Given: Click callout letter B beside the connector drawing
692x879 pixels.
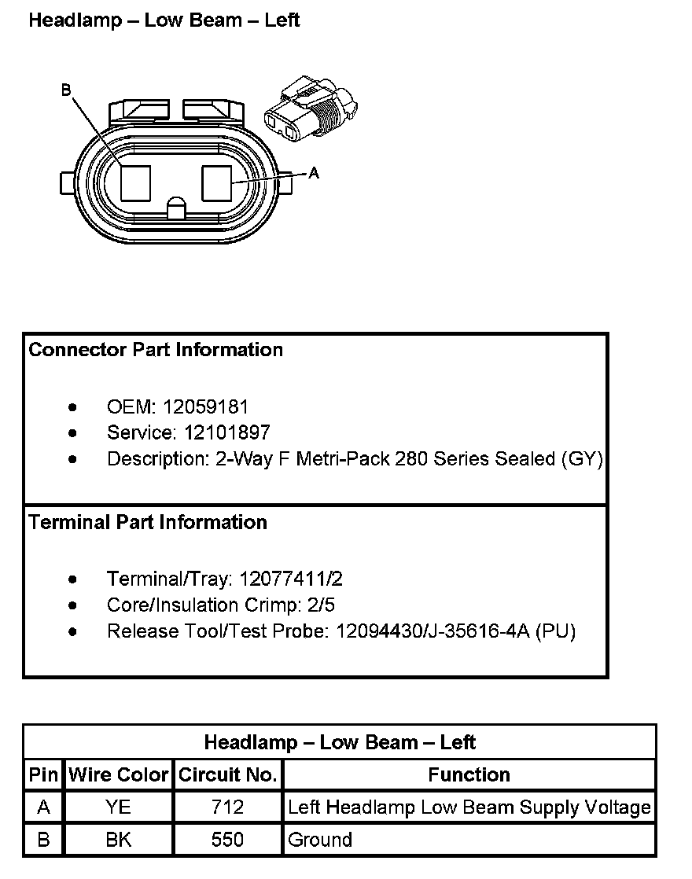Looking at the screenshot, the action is (x=66, y=90).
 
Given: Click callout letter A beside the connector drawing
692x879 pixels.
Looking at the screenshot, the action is (x=314, y=173).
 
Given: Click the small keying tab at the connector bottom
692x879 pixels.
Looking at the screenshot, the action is (x=176, y=208).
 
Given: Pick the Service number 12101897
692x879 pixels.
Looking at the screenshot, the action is (x=227, y=432).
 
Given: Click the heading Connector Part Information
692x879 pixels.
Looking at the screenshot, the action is (x=156, y=350).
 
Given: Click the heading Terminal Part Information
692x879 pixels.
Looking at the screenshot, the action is (x=148, y=523).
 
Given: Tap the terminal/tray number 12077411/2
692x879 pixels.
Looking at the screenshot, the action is (x=290, y=580).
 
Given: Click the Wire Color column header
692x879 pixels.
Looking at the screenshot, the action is (x=119, y=775).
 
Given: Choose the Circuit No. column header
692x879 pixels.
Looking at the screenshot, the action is (x=228, y=775).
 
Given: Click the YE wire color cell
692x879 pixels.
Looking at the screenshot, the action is (x=119, y=807).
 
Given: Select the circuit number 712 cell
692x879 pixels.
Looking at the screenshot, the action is (x=228, y=807).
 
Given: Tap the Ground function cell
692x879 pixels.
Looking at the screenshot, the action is (x=320, y=840).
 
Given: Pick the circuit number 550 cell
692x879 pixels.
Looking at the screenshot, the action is (x=228, y=840).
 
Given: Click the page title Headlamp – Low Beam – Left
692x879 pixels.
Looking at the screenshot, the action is (x=164, y=20).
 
